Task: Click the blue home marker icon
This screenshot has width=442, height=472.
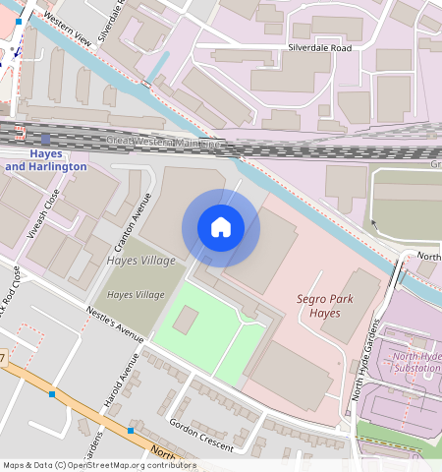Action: tap(221, 227)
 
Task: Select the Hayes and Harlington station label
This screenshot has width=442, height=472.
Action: tap(45, 161)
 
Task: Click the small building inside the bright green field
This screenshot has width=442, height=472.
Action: tap(186, 319)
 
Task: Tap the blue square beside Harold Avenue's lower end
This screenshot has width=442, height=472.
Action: tap(130, 431)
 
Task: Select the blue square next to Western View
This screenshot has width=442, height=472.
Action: tap(18, 21)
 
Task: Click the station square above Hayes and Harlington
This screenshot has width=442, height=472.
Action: tap(45, 140)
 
